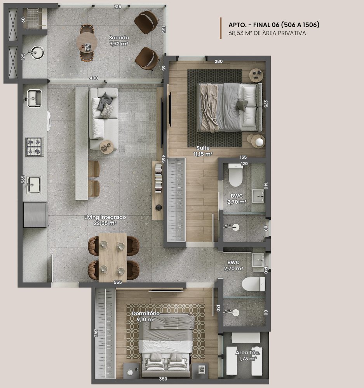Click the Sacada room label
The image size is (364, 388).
[x=119, y=38]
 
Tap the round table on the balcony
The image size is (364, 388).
[x=87, y=42]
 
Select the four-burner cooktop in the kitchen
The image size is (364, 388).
[x=35, y=147]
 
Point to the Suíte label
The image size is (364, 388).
[x=203, y=148]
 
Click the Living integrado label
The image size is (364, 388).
[x=105, y=217]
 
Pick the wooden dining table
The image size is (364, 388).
[x=113, y=257]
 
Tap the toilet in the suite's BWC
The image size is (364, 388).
[x=235, y=175]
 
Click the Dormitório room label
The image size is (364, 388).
[x=146, y=314]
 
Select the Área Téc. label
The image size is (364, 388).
[x=247, y=353]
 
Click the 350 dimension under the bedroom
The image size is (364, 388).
[x=163, y=379]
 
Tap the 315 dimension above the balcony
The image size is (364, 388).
[x=118, y=7]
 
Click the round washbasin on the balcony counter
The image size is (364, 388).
[x=37, y=53]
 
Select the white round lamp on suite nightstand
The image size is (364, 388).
[x=260, y=142]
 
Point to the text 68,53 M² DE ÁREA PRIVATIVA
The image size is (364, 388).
[x=267, y=33]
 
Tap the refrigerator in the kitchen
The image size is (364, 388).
[x=36, y=215]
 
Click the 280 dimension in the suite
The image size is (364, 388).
[x=219, y=61]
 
